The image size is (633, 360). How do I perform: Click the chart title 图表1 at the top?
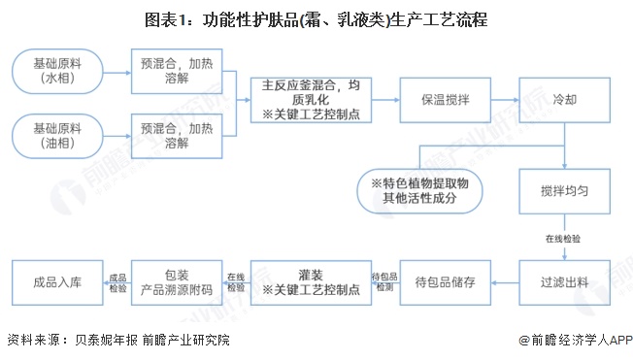tap(316, 18)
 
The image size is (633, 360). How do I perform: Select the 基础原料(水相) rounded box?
tap(57, 71)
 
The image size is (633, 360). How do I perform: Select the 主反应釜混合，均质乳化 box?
tap(308, 100)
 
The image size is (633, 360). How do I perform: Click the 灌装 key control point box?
tap(308, 281)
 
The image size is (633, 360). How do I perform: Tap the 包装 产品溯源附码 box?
tap(178, 281)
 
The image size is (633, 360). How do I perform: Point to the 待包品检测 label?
tap(383, 281)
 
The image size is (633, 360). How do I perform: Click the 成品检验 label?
tap(117, 281)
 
